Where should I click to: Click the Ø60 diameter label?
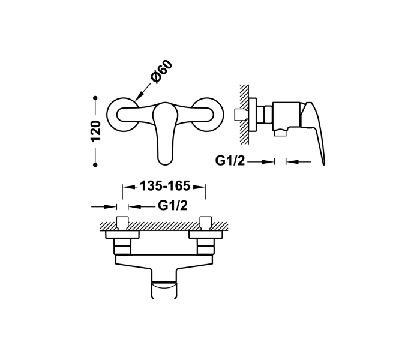pos(161,73)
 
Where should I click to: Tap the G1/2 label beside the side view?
pos(229,161)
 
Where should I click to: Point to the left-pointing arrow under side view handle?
pos(299,161)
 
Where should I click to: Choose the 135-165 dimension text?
pos(164,187)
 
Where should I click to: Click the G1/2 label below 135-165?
pos(173,206)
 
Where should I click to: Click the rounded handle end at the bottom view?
pos(164,288)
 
